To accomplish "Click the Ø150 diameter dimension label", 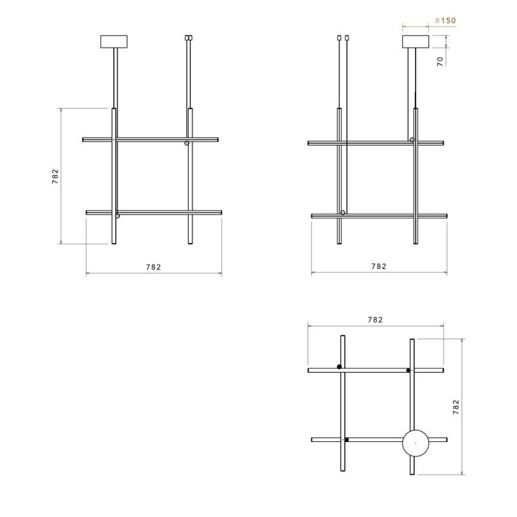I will [x=445, y=21].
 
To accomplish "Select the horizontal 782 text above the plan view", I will [x=375, y=319].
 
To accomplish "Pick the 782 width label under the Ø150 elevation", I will [x=379, y=266].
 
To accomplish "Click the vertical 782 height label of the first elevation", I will [x=56, y=177].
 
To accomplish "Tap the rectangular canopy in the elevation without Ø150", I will [x=115, y=42].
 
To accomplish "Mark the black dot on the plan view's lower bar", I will [x=347, y=440].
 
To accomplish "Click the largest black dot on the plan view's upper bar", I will [x=339, y=367].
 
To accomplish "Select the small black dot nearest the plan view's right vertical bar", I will [x=408, y=370].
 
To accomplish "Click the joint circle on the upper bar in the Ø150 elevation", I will [x=412, y=140].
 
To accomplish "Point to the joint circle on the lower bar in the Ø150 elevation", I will [x=343, y=212].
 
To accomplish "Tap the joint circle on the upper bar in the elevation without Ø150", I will [x=187, y=143].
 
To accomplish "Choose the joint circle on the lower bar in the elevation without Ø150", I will [x=117, y=216].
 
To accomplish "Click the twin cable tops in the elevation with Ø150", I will [x=343, y=38].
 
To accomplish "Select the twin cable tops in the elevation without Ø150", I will [x=189, y=38].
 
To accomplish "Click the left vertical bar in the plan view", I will [x=343, y=404].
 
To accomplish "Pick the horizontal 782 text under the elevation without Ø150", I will [x=153, y=266].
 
